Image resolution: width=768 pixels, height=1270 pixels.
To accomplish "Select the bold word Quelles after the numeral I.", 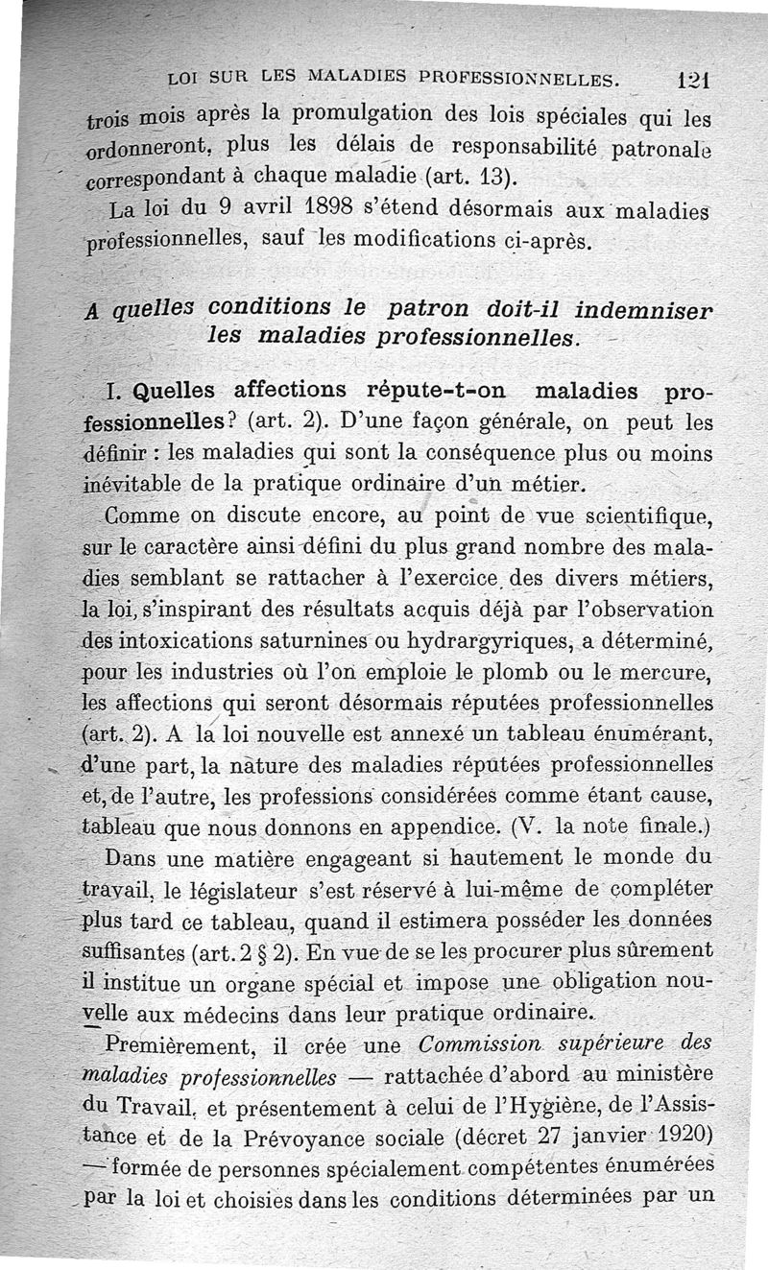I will [x=180, y=391].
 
